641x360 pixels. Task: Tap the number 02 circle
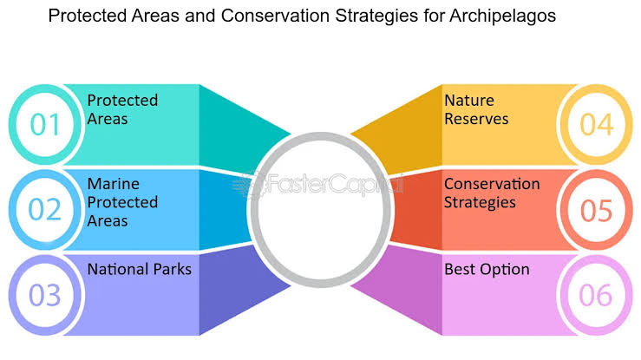[46, 210]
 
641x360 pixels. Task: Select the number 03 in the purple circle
[44, 295]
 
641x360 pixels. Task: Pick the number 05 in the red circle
[596, 210]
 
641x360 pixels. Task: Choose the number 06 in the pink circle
[596, 295]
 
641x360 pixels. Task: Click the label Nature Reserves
[476, 109]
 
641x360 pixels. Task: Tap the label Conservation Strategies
[492, 193]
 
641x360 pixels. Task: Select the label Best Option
[487, 269]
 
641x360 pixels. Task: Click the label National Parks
[139, 269]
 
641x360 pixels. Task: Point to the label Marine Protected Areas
[122, 202]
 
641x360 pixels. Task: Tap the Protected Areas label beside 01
[122, 109]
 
